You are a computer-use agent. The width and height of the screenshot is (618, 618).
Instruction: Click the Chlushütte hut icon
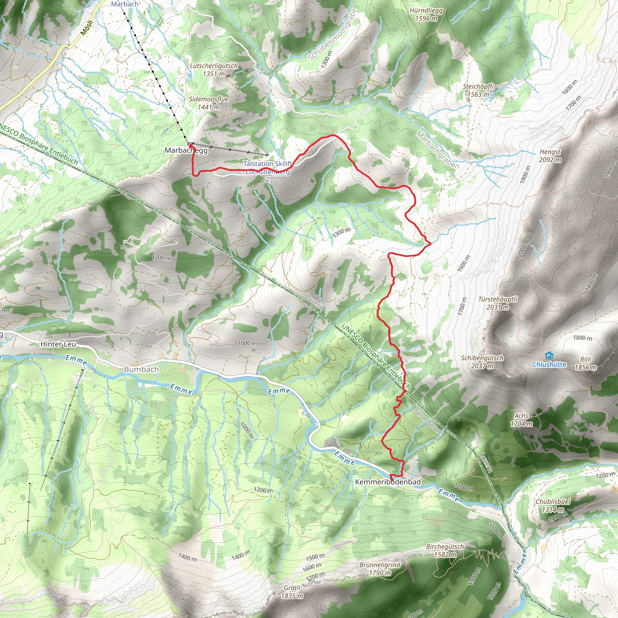tap(549, 355)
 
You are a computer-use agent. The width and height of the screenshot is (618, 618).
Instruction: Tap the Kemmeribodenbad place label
tap(388, 482)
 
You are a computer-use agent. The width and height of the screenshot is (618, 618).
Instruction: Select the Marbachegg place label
tap(186, 150)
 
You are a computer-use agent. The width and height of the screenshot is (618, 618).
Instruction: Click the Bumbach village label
tap(142, 369)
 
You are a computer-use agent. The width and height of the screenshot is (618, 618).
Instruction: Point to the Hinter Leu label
tap(58, 344)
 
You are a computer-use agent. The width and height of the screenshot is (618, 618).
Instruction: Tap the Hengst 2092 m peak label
tap(550, 156)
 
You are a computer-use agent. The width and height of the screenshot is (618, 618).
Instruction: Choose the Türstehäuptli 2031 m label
tap(498, 303)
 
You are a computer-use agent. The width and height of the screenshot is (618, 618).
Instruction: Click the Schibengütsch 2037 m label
tap(482, 362)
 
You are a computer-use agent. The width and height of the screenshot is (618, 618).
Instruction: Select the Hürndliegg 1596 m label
tap(426, 14)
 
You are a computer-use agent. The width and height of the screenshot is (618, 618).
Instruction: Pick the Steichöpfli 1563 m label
tap(478, 90)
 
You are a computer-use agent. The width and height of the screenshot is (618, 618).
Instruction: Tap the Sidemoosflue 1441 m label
tap(209, 103)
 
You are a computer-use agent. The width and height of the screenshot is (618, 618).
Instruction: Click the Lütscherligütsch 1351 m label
tap(214, 70)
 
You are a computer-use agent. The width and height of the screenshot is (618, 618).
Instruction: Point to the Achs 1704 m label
tap(521, 420)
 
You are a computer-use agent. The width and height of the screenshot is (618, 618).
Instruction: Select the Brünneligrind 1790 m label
tap(380, 569)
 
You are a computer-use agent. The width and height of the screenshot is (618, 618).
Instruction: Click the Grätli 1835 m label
tap(292, 591)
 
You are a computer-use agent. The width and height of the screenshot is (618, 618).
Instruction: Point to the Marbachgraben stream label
tap(438, 150)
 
